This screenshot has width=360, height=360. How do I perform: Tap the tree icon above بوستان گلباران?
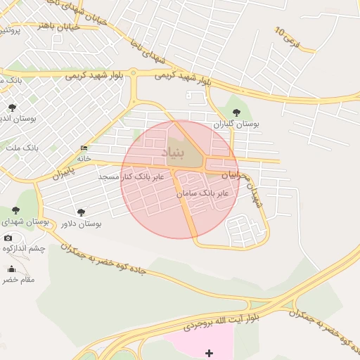(x=235, y=112)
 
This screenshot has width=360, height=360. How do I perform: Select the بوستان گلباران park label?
(x=236, y=124)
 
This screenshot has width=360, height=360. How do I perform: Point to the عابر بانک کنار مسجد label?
(x=131, y=176)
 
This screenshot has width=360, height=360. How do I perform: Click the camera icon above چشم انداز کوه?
(x=8, y=238)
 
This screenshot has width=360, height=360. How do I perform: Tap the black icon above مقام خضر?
(x=11, y=269)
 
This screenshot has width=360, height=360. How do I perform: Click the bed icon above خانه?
(x=84, y=148)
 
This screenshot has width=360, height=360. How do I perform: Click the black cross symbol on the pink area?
(x=208, y=352)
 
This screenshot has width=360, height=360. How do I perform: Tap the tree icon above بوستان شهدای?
(x=15, y=210)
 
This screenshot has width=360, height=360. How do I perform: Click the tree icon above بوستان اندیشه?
(x=11, y=107)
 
